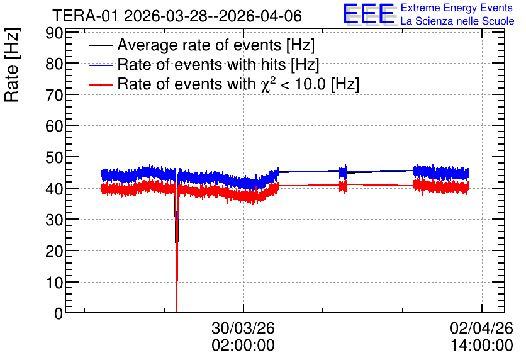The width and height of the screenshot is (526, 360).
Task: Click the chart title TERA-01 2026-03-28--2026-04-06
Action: [177, 16]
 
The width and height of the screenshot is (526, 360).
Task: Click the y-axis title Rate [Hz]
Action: [12, 65]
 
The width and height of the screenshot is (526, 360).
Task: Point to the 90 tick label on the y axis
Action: [54, 33]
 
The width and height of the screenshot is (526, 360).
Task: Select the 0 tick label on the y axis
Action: [59, 313]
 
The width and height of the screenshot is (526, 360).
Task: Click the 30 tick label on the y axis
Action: [54, 220]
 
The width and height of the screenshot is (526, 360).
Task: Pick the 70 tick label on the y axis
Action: [54, 96]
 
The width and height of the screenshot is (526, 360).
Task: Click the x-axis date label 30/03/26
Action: [243, 328]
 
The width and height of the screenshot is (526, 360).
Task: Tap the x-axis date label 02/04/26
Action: [482, 328]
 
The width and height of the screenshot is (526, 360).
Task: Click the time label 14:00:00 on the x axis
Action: [482, 346]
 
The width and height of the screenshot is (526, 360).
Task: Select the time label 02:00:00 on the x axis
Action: [243, 346]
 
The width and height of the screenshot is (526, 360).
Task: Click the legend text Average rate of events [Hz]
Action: [216, 45]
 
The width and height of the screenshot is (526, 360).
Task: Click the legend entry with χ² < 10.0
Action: [238, 84]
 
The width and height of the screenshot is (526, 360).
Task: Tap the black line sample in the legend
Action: [100, 45]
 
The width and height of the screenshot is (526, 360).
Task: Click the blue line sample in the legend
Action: [100, 65]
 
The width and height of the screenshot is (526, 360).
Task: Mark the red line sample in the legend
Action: [100, 84]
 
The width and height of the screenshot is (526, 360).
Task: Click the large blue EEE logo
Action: [369, 14]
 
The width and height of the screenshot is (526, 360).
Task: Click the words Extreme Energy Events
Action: [457, 8]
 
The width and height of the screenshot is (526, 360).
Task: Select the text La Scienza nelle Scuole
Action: [457, 21]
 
